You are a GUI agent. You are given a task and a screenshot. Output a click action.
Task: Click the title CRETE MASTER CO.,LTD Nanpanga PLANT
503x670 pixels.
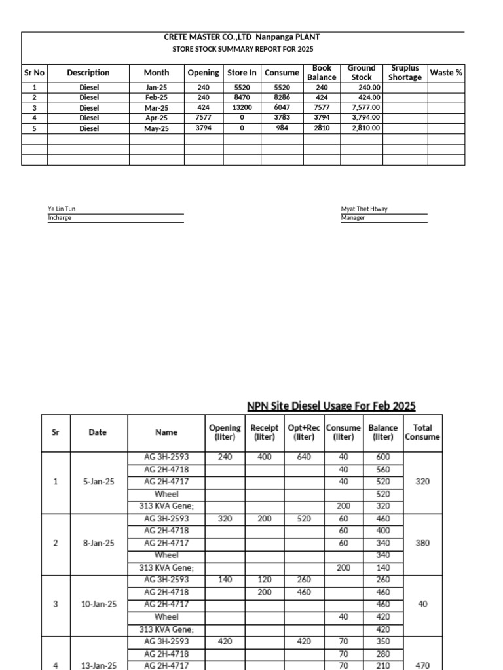[x=242, y=37]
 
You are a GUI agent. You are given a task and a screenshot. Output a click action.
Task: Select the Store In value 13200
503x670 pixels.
[x=242, y=108]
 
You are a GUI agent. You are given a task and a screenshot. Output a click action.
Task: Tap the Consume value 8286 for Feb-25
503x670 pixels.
[x=282, y=97]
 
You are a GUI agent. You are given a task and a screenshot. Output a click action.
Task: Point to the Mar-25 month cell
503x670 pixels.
[x=157, y=108]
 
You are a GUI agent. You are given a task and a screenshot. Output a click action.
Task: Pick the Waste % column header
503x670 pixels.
[x=446, y=73]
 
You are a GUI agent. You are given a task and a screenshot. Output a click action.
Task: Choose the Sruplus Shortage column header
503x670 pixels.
[x=405, y=73]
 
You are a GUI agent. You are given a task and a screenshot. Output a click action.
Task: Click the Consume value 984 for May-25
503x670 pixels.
[x=282, y=129]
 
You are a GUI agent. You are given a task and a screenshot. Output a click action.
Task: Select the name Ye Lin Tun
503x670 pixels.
[x=62, y=209]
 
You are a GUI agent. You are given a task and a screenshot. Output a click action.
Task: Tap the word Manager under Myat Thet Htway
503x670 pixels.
[x=353, y=218]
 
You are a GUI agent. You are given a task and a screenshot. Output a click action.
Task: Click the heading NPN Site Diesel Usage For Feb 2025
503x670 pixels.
[x=331, y=406]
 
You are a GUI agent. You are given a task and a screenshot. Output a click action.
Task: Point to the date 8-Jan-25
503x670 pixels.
[x=98, y=543]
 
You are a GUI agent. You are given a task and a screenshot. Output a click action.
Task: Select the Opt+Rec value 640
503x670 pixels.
[x=304, y=457]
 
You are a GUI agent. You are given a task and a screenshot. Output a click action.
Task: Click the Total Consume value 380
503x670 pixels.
[x=422, y=543]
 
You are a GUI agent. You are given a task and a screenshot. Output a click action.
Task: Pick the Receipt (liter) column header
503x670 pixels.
[x=265, y=432]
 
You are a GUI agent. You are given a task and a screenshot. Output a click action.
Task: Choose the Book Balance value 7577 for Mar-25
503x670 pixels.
[x=322, y=108]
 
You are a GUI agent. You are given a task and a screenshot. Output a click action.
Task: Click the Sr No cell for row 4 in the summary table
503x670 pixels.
[x=35, y=118]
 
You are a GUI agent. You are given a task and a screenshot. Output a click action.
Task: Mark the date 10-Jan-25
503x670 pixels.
[x=98, y=605]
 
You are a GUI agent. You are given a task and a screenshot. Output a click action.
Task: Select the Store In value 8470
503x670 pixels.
[x=242, y=97]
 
